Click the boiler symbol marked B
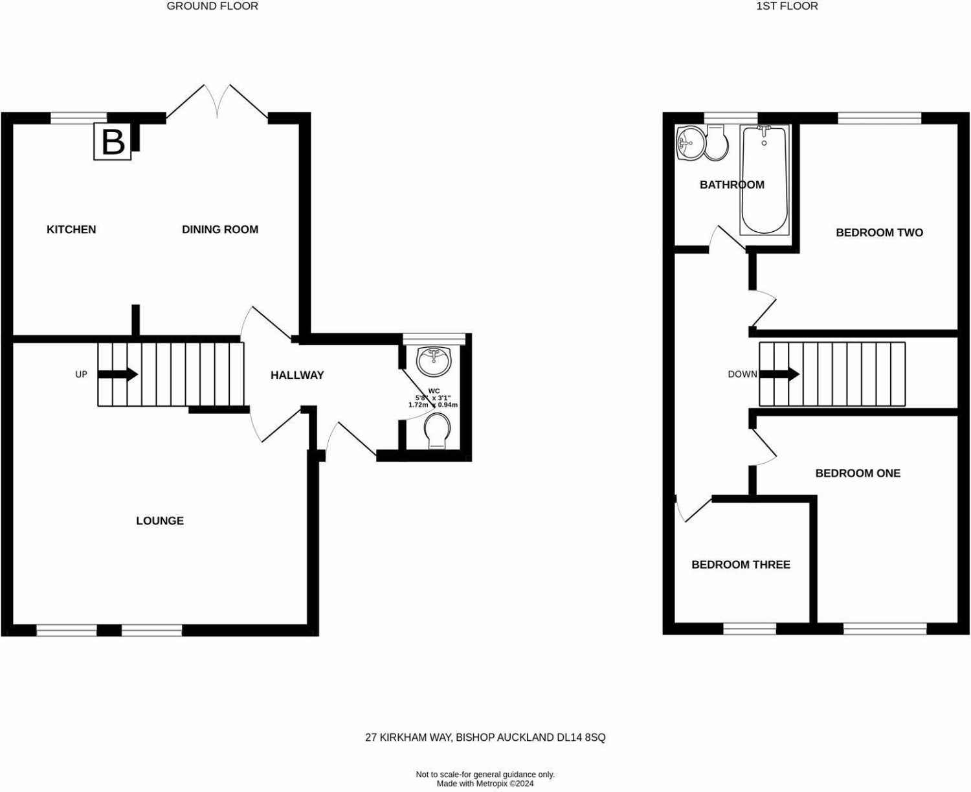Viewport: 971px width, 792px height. [x=113, y=141]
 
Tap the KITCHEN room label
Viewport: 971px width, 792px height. [x=71, y=229]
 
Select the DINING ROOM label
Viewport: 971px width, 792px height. [x=220, y=229]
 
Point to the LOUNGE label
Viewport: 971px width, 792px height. [x=160, y=521]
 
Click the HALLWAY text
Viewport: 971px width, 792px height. [x=297, y=376]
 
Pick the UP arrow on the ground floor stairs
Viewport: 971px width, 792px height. [x=118, y=374]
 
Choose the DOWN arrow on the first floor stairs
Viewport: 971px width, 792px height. [x=779, y=374]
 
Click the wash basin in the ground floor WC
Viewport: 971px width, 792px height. [x=434, y=361]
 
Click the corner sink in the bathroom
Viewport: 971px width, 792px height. [x=690, y=142]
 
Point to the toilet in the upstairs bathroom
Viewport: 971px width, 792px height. [x=717, y=143]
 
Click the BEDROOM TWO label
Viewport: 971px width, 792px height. [x=879, y=232]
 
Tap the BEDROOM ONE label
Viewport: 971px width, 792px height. [x=858, y=473]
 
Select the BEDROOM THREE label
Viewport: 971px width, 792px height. [x=741, y=565]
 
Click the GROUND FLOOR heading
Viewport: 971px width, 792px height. [x=212, y=6]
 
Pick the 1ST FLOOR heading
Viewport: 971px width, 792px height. [x=787, y=6]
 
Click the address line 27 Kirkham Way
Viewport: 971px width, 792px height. [x=485, y=738]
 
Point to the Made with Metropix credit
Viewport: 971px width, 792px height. [x=485, y=784]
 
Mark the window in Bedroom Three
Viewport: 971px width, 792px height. [x=750, y=629]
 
